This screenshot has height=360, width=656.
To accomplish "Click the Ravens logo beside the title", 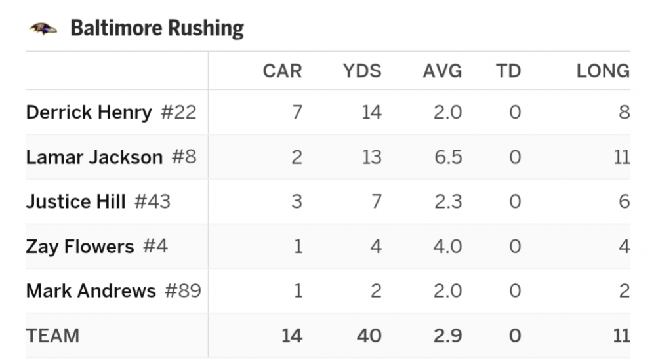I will [43, 28].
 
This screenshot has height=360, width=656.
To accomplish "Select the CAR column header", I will [282, 71].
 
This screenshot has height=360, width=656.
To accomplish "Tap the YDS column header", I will [361, 71].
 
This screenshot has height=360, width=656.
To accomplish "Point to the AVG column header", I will [442, 71].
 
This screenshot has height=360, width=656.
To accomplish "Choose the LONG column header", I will [603, 71].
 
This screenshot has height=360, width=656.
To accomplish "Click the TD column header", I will [508, 71].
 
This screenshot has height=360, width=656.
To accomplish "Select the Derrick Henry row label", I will [89, 112].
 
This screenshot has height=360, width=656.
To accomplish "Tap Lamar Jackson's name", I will [94, 157].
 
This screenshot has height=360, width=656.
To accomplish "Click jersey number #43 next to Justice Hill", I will [152, 201].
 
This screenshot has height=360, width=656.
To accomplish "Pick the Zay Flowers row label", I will [79, 247].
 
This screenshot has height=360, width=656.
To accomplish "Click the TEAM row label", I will [52, 336].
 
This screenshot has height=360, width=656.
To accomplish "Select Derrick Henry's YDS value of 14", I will [371, 112].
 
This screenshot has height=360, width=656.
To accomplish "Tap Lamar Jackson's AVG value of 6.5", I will [447, 157].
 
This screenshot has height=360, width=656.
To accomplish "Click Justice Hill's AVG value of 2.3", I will [447, 201].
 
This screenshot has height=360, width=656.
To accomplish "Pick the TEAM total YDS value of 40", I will [369, 336].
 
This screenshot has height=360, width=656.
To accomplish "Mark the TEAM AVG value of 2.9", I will [447, 336].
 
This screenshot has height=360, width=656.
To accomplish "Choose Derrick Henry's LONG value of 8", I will [624, 112].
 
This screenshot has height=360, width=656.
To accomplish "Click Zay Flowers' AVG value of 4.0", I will [447, 247].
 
